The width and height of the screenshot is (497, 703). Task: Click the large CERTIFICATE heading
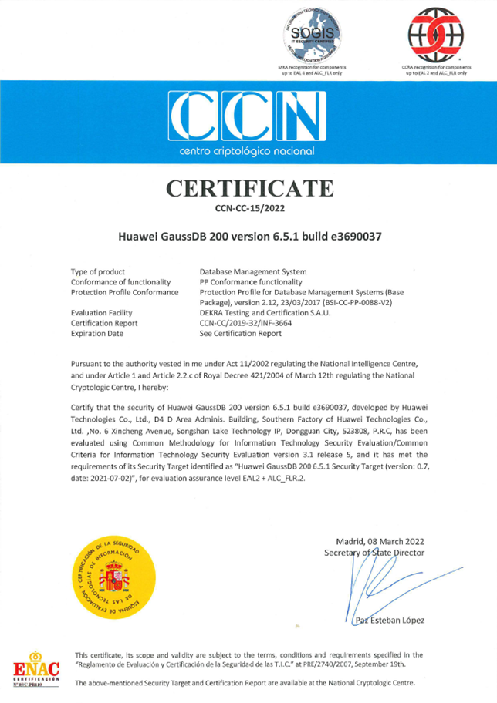tap(248, 188)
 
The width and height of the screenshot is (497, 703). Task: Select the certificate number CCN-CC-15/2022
tap(248, 207)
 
